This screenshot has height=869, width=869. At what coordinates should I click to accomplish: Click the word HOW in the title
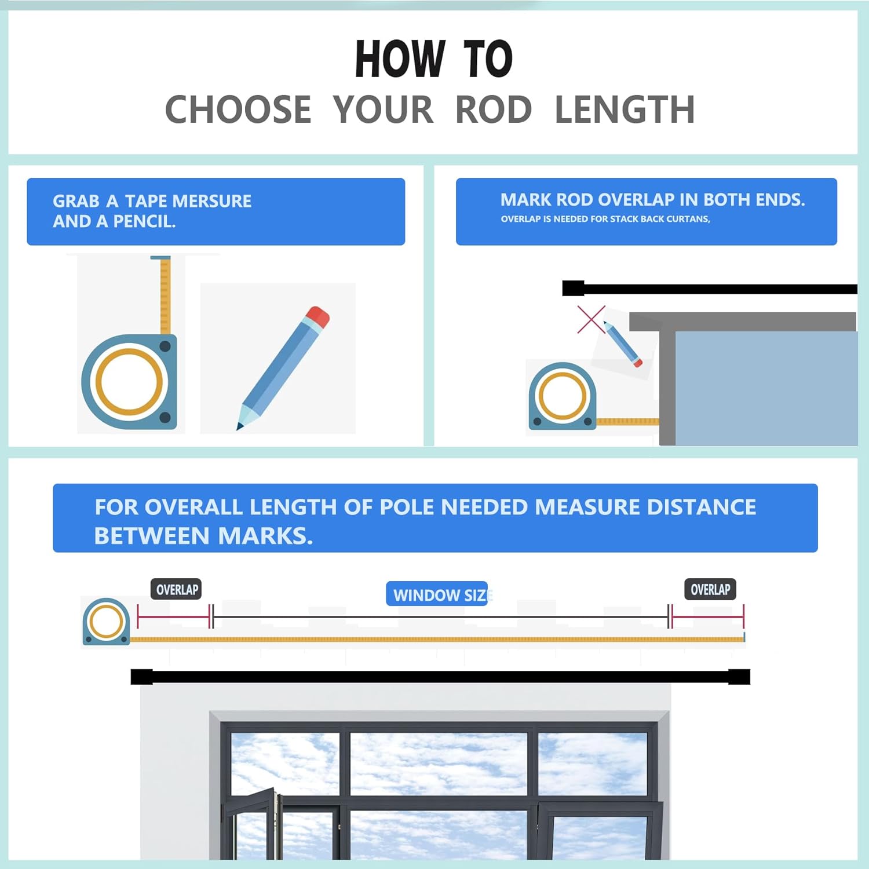pos(400,59)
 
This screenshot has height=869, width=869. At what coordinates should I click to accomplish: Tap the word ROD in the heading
pos(494,109)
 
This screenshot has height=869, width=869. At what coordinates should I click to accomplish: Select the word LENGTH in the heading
pos(625,109)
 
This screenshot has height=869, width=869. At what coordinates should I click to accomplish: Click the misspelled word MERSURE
pos(212,201)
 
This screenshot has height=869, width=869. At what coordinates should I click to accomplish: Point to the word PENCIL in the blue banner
pos(144,221)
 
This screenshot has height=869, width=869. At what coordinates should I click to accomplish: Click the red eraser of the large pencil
pos(318,316)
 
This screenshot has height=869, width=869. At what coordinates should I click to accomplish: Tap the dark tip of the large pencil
pos(239,427)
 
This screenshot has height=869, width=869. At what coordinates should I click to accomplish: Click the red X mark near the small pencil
pos(591,319)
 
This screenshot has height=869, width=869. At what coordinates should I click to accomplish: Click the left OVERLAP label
pos(177,590)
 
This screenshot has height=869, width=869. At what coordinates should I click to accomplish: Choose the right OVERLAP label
pos(710,590)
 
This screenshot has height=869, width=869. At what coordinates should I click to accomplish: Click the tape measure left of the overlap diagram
pos(106,622)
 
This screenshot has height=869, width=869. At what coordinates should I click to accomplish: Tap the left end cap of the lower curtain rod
pos(141,677)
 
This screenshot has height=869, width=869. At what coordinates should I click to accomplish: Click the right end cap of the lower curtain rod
pos(739,677)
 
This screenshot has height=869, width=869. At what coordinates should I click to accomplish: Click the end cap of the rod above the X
pos(573,289)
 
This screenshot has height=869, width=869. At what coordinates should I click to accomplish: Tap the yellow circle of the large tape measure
pos(129,382)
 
